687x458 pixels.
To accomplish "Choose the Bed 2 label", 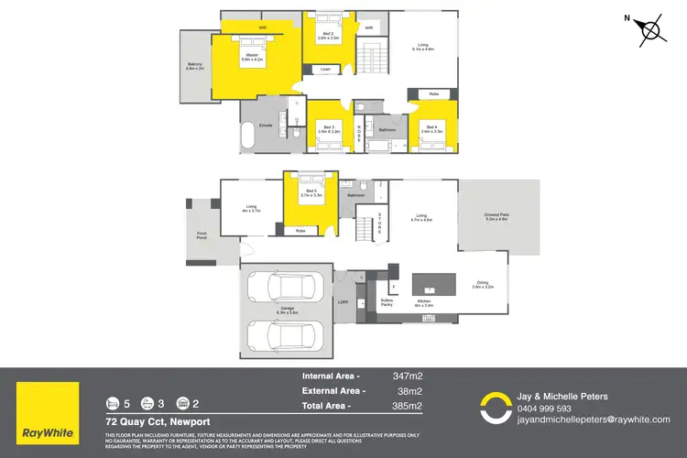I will coord(328,37).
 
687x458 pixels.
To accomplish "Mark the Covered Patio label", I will coord(496,217).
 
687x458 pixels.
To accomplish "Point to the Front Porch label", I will coord(202,235).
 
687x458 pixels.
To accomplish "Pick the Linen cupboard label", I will coord(325,70).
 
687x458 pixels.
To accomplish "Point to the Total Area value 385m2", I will coord(407,405).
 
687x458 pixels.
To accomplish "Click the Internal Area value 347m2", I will coord(407,376).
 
